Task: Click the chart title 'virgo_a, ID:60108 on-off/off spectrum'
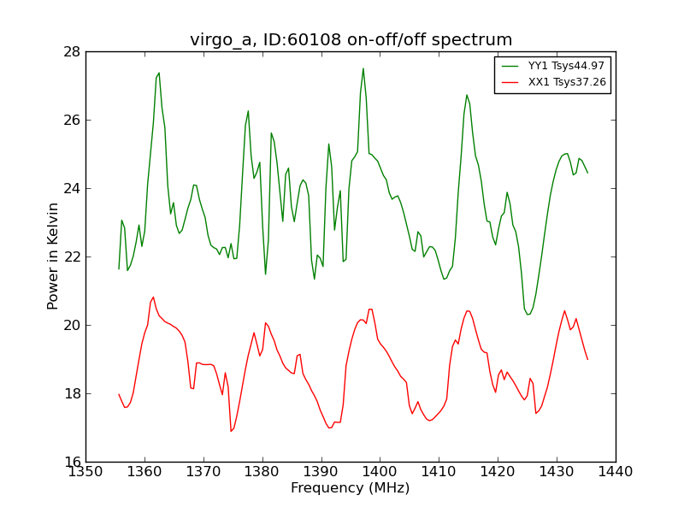(351, 40)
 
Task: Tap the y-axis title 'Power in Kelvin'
(53, 256)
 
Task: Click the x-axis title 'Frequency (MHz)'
(351, 488)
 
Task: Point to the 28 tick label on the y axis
(72, 51)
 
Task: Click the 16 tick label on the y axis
(72, 462)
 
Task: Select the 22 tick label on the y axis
(72, 256)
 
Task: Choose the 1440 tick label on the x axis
(616, 471)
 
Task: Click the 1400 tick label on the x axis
(380, 471)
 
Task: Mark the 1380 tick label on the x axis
(262, 471)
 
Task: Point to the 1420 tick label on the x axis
(498, 471)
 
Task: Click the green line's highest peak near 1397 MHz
(363, 68)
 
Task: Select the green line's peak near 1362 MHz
(159, 73)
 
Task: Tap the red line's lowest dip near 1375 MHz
(231, 431)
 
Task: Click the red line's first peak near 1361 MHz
(153, 298)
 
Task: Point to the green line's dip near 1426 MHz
(528, 314)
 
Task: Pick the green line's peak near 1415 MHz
(466, 95)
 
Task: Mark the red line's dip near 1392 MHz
(329, 427)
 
